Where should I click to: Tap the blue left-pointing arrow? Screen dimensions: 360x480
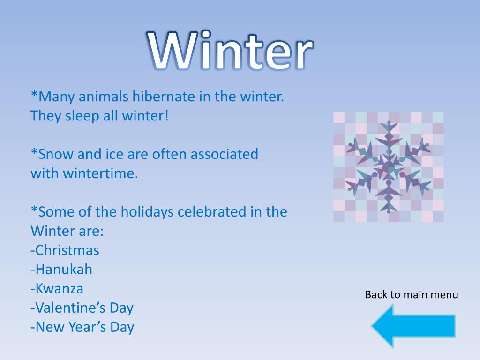click(x=412, y=325)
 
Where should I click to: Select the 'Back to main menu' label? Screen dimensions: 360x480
click(x=412, y=295)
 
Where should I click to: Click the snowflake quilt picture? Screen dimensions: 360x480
click(x=388, y=167)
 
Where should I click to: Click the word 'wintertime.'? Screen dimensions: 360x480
click(x=85, y=173)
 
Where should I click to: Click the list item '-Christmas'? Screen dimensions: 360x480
click(x=65, y=250)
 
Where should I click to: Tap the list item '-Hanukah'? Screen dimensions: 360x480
click(x=61, y=270)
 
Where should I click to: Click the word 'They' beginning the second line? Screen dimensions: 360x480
click(x=45, y=116)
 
